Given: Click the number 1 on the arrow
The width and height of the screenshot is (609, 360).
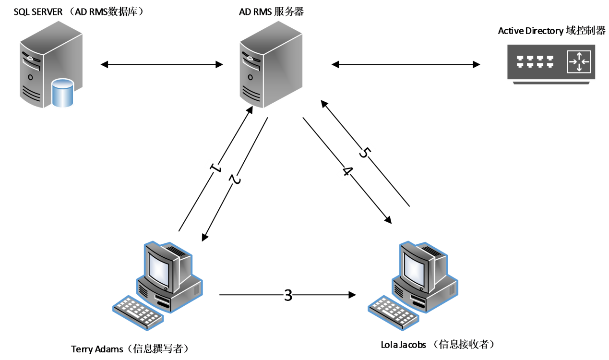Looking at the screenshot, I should click(x=215, y=168).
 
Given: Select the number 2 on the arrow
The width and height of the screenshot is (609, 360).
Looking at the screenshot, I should click(x=235, y=179).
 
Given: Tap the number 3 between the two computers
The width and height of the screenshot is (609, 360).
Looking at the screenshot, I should click(x=288, y=295).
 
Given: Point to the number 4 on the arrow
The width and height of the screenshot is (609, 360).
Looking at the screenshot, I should click(x=347, y=171).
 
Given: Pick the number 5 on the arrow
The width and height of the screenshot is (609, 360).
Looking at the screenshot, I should click(x=364, y=153).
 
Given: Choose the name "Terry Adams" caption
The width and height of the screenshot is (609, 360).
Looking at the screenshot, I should click(x=97, y=349).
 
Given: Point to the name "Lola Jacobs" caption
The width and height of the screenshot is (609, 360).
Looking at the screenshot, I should click(x=403, y=345).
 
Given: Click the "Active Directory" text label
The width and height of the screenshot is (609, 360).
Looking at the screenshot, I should click(x=530, y=31).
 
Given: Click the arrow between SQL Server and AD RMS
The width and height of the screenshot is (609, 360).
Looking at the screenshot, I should click(x=163, y=64).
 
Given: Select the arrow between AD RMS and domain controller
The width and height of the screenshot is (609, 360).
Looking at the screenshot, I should click(x=406, y=64).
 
